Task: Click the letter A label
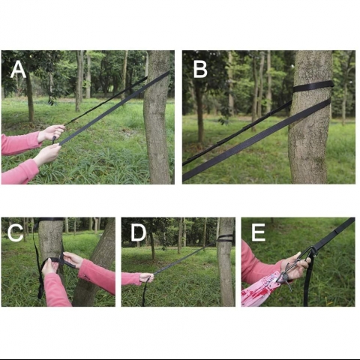(x=18, y=69)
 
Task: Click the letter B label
(x=200, y=69)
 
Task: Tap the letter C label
(x=16, y=232)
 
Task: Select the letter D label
(x=139, y=232)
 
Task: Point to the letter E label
(x=258, y=232)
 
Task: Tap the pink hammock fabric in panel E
(x=260, y=290)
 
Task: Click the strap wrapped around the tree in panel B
(x=313, y=87)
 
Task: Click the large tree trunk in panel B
(x=310, y=117)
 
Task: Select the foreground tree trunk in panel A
(x=157, y=118)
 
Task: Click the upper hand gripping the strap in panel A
(x=51, y=133)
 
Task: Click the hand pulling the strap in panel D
(x=147, y=277)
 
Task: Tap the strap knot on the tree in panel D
(x=224, y=238)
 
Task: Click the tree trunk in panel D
(x=226, y=262)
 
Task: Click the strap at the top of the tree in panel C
(x=50, y=220)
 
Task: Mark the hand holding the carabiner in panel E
(x=298, y=268)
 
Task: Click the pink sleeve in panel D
(x=131, y=279)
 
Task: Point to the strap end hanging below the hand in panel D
(x=144, y=294)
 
